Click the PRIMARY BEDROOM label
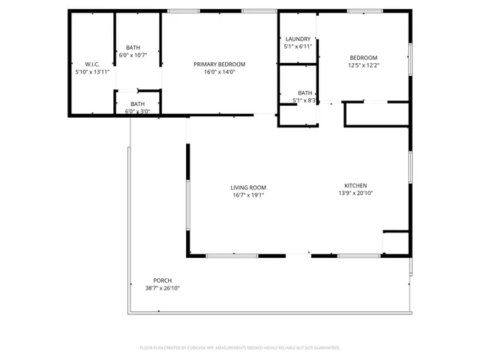coord(219,64)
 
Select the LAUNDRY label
coord(298,39)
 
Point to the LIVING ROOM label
coord(247,187)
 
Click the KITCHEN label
coord(355,185)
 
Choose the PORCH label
coord(162,280)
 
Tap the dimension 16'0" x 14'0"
coord(219,72)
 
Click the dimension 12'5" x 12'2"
coord(364,65)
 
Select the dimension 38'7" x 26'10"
coord(162,288)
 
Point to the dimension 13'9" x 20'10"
coord(355,193)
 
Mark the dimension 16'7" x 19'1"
coord(247,195)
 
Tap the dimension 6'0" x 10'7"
coord(133,55)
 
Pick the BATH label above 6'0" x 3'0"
coord(137,104)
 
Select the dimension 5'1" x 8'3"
coord(304,100)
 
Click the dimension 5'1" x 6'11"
coord(298,46)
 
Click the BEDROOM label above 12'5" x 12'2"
coord(364,58)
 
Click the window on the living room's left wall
coord(187,204)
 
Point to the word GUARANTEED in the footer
coord(324,348)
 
